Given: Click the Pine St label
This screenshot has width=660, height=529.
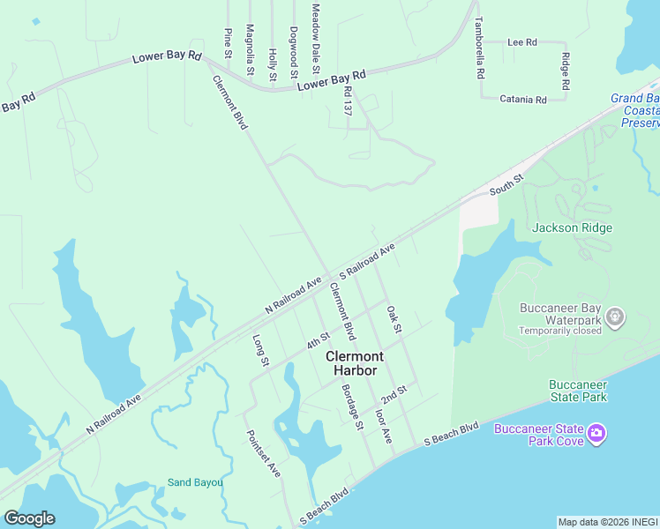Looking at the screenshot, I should click(228, 40).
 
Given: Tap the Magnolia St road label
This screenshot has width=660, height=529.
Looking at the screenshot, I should click(251, 49).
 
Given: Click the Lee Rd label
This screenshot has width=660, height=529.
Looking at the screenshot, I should click(522, 41).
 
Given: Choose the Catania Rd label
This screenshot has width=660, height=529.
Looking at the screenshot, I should click(523, 99).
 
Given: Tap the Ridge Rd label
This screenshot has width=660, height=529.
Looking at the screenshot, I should click(565, 71).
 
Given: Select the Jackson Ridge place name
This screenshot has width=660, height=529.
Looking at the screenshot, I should click(572, 227).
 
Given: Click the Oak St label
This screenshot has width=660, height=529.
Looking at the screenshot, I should click(394, 320).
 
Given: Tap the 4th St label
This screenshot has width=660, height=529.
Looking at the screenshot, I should click(318, 339).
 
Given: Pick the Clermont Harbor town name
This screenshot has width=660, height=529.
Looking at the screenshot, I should click(355, 363).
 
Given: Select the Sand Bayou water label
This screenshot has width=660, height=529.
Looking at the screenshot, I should click(195, 482).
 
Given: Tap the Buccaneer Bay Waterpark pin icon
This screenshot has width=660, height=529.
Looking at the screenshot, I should click(616, 316).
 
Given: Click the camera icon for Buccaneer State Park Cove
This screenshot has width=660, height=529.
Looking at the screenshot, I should click(596, 432).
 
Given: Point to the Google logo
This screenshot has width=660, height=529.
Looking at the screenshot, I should click(29, 518).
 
